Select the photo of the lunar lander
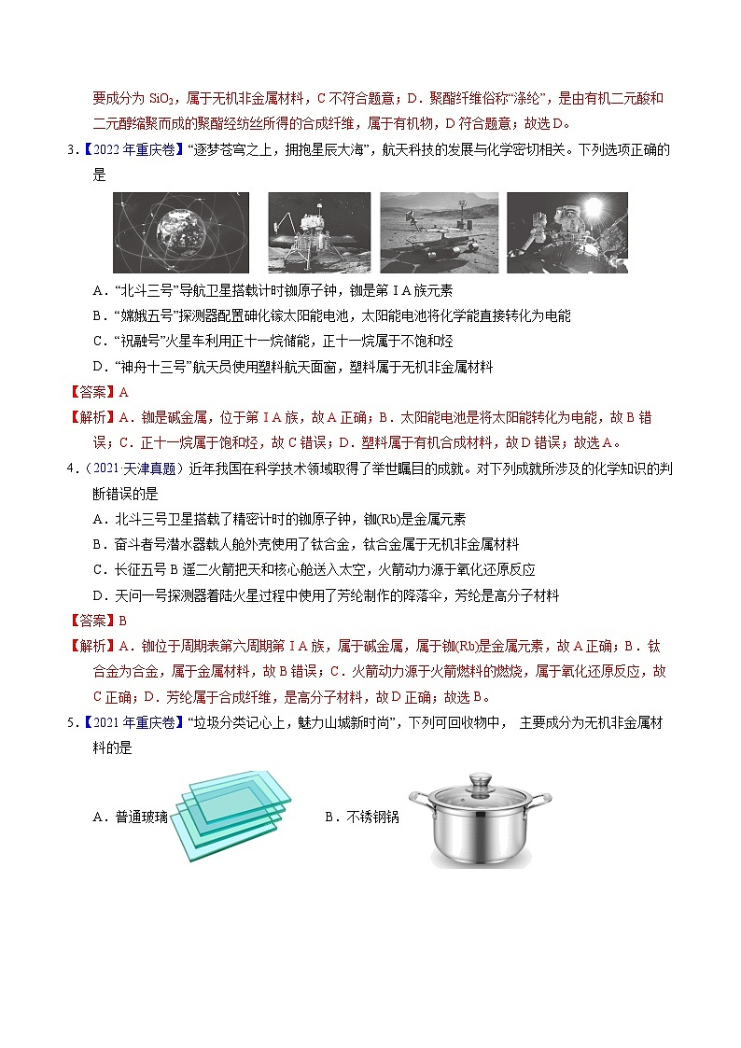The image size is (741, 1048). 319,233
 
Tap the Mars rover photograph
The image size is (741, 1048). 439,233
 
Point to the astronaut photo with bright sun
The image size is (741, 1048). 566,233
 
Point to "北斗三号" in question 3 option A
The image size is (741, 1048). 145,290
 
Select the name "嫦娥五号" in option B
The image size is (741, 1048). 145,315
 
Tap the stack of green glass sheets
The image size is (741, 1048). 231,817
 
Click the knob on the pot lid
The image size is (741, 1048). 481,777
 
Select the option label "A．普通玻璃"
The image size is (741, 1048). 131,817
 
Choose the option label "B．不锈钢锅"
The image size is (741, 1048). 362,817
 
